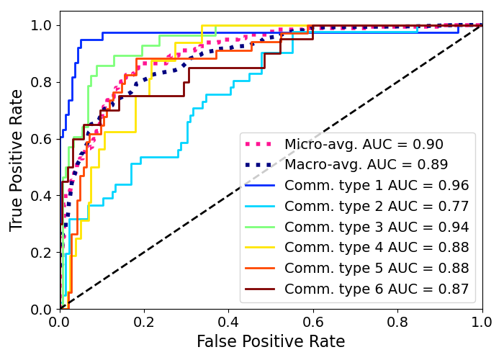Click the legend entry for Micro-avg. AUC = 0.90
[364, 145]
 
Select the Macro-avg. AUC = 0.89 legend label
[366, 165]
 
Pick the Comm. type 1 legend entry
[377, 186]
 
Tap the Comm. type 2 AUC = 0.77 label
[377, 207]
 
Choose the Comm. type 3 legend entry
[377, 228]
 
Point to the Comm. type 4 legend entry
[377, 248]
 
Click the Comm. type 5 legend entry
[377, 269]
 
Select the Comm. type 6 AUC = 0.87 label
[377, 289]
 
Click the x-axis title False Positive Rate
[271, 341]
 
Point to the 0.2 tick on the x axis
[144, 321]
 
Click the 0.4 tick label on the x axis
[229, 321]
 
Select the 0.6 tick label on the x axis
[313, 321]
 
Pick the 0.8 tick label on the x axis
[397, 321]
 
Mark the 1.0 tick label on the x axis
[481, 321]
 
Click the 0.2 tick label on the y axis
[40, 253]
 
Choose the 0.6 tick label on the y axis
[40, 139]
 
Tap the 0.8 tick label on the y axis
[40, 82]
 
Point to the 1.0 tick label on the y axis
[40, 25]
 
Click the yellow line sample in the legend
[261, 248]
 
